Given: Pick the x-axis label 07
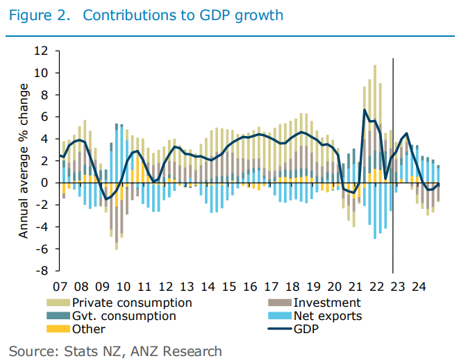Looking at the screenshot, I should [x=60, y=286].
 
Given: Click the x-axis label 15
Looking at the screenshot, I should [x=228, y=286].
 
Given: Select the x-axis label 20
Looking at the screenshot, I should [x=334, y=286].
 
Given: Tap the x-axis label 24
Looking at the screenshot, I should [x=418, y=286].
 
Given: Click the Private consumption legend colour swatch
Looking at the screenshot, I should [x=58, y=303].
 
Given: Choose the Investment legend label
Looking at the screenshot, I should [x=327, y=303].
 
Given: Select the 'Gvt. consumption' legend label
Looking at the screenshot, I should [x=124, y=316].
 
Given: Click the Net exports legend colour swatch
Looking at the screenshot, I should [x=279, y=316].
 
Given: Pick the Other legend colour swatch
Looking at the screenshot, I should [x=58, y=328].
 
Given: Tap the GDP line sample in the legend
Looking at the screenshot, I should [x=279, y=328].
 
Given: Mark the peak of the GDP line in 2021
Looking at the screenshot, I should [x=365, y=110].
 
